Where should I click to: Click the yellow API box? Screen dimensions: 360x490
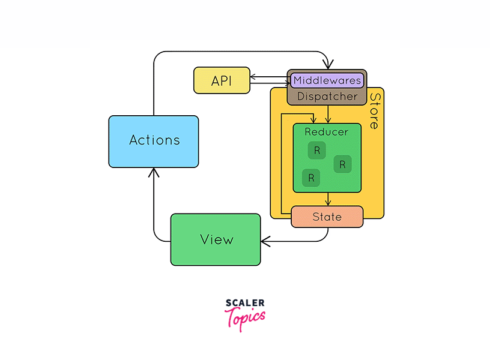[x=222, y=80]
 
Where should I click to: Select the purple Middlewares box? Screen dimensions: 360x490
[x=327, y=80]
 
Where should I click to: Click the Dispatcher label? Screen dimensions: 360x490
[x=327, y=96]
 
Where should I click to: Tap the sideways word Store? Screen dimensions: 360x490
[x=375, y=111]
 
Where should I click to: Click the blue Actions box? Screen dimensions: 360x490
[x=154, y=141]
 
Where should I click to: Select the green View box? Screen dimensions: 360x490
[x=216, y=239]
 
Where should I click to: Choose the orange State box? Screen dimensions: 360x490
[x=327, y=217]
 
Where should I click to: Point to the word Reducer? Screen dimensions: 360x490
[x=326, y=132]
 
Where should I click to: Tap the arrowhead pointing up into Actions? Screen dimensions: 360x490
[x=154, y=172]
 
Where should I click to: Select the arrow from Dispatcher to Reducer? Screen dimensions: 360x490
[x=328, y=114]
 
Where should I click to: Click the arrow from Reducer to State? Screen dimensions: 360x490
[x=328, y=199]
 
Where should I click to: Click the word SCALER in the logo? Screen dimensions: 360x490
[x=245, y=304]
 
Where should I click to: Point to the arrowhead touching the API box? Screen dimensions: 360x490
[x=253, y=77]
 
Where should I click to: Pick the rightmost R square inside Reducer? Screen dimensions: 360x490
[x=342, y=164]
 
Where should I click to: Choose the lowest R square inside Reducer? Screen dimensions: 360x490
[x=310, y=178]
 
